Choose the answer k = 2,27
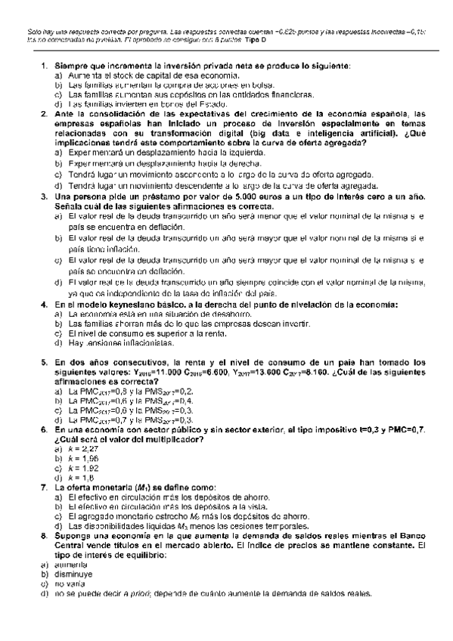click(x=78, y=449)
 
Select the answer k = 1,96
click(x=78, y=459)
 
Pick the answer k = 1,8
click(x=76, y=478)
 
